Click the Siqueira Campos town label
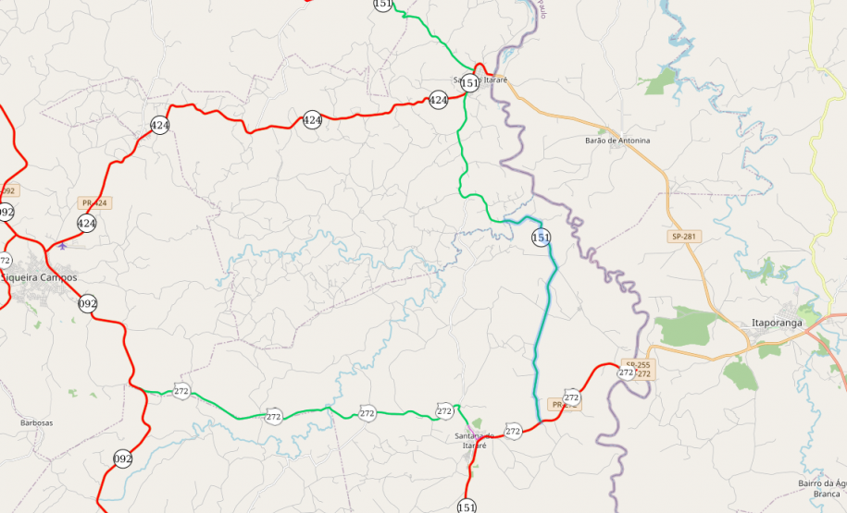click(x=39, y=277)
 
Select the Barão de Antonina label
click(x=617, y=140)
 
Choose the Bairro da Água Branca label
click(x=821, y=488)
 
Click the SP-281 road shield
click(x=683, y=237)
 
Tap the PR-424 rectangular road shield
click(x=95, y=202)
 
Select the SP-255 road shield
click(x=637, y=364)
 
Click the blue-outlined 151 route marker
click(x=542, y=238)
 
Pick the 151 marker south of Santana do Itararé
click(x=467, y=507)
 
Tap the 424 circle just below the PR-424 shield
click(x=87, y=223)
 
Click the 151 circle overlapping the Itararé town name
click(x=470, y=83)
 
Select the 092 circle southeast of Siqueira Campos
click(x=88, y=303)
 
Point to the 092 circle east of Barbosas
click(x=123, y=458)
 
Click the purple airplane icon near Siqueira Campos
click(x=62, y=246)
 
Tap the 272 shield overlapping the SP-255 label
click(x=627, y=373)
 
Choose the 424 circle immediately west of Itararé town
click(x=439, y=100)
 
